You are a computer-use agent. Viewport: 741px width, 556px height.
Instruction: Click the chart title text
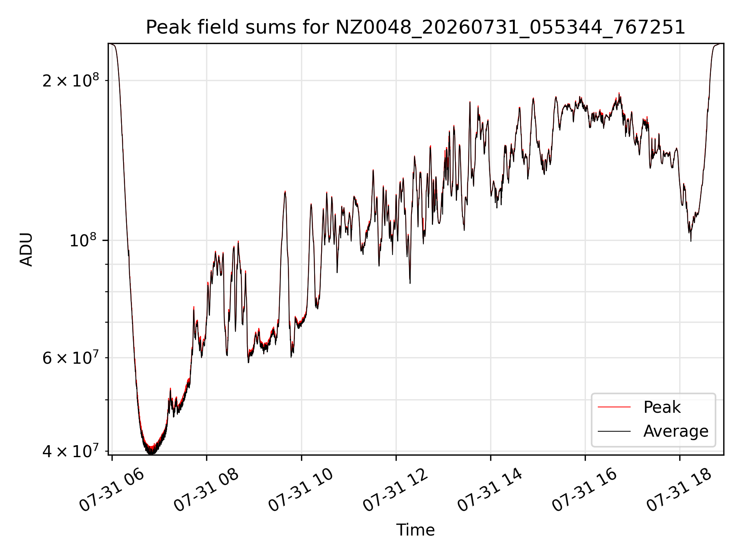pyautogui.click(x=415, y=27)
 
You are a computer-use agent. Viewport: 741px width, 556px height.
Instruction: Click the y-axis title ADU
pyautogui.click(x=26, y=249)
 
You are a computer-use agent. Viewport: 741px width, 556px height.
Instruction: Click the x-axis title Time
pyautogui.click(x=415, y=530)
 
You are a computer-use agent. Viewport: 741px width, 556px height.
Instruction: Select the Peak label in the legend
pyautogui.click(x=662, y=407)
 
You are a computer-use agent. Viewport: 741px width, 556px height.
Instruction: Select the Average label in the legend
pyautogui.click(x=676, y=431)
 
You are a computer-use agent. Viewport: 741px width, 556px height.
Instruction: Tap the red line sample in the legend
pyautogui.click(x=614, y=407)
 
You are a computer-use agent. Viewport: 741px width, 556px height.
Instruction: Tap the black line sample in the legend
pyautogui.click(x=614, y=431)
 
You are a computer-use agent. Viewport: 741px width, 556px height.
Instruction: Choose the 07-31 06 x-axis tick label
pyautogui.click(x=112, y=490)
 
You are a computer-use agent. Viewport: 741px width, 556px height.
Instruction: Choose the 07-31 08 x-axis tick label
pyautogui.click(x=206, y=490)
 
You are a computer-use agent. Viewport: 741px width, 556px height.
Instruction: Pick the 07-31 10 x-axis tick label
pyautogui.click(x=301, y=490)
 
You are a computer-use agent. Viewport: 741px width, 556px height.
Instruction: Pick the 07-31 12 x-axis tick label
pyautogui.click(x=396, y=490)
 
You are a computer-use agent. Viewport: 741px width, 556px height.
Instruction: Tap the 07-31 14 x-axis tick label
pyautogui.click(x=491, y=490)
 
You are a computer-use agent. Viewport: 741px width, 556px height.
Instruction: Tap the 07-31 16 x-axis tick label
pyautogui.click(x=585, y=490)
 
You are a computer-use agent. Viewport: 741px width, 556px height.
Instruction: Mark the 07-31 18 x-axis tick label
pyautogui.click(x=680, y=490)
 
